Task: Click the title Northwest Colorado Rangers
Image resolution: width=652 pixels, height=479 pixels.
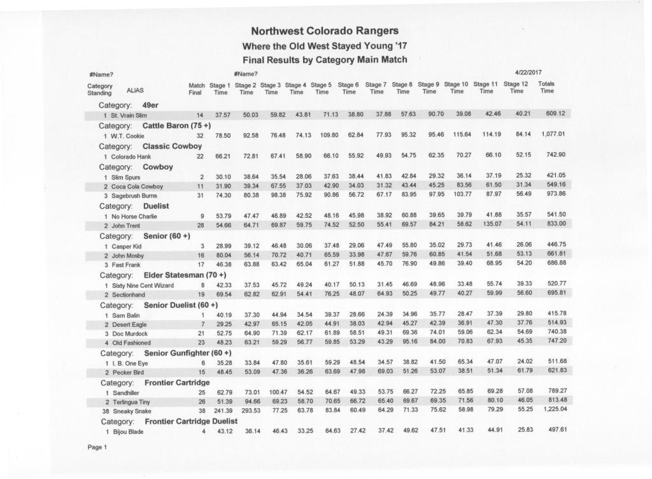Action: tap(325, 31)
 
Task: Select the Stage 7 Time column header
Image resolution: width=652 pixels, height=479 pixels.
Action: tap(377, 88)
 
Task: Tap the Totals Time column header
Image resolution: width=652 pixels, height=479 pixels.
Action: tap(547, 88)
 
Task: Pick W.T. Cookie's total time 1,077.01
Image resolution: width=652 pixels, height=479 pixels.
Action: tap(548, 135)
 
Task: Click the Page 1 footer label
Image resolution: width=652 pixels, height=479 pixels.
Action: tap(97, 447)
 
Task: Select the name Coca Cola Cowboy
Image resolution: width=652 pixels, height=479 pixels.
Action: tap(138, 187)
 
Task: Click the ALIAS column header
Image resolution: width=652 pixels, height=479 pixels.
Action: tap(135, 90)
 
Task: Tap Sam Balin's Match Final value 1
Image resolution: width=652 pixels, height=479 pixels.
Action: tap(202, 315)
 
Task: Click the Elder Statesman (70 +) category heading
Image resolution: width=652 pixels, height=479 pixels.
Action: tap(159, 275)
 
